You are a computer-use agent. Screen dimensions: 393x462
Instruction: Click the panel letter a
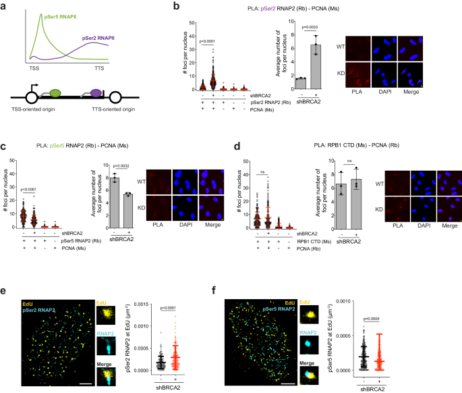coord(5,5)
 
